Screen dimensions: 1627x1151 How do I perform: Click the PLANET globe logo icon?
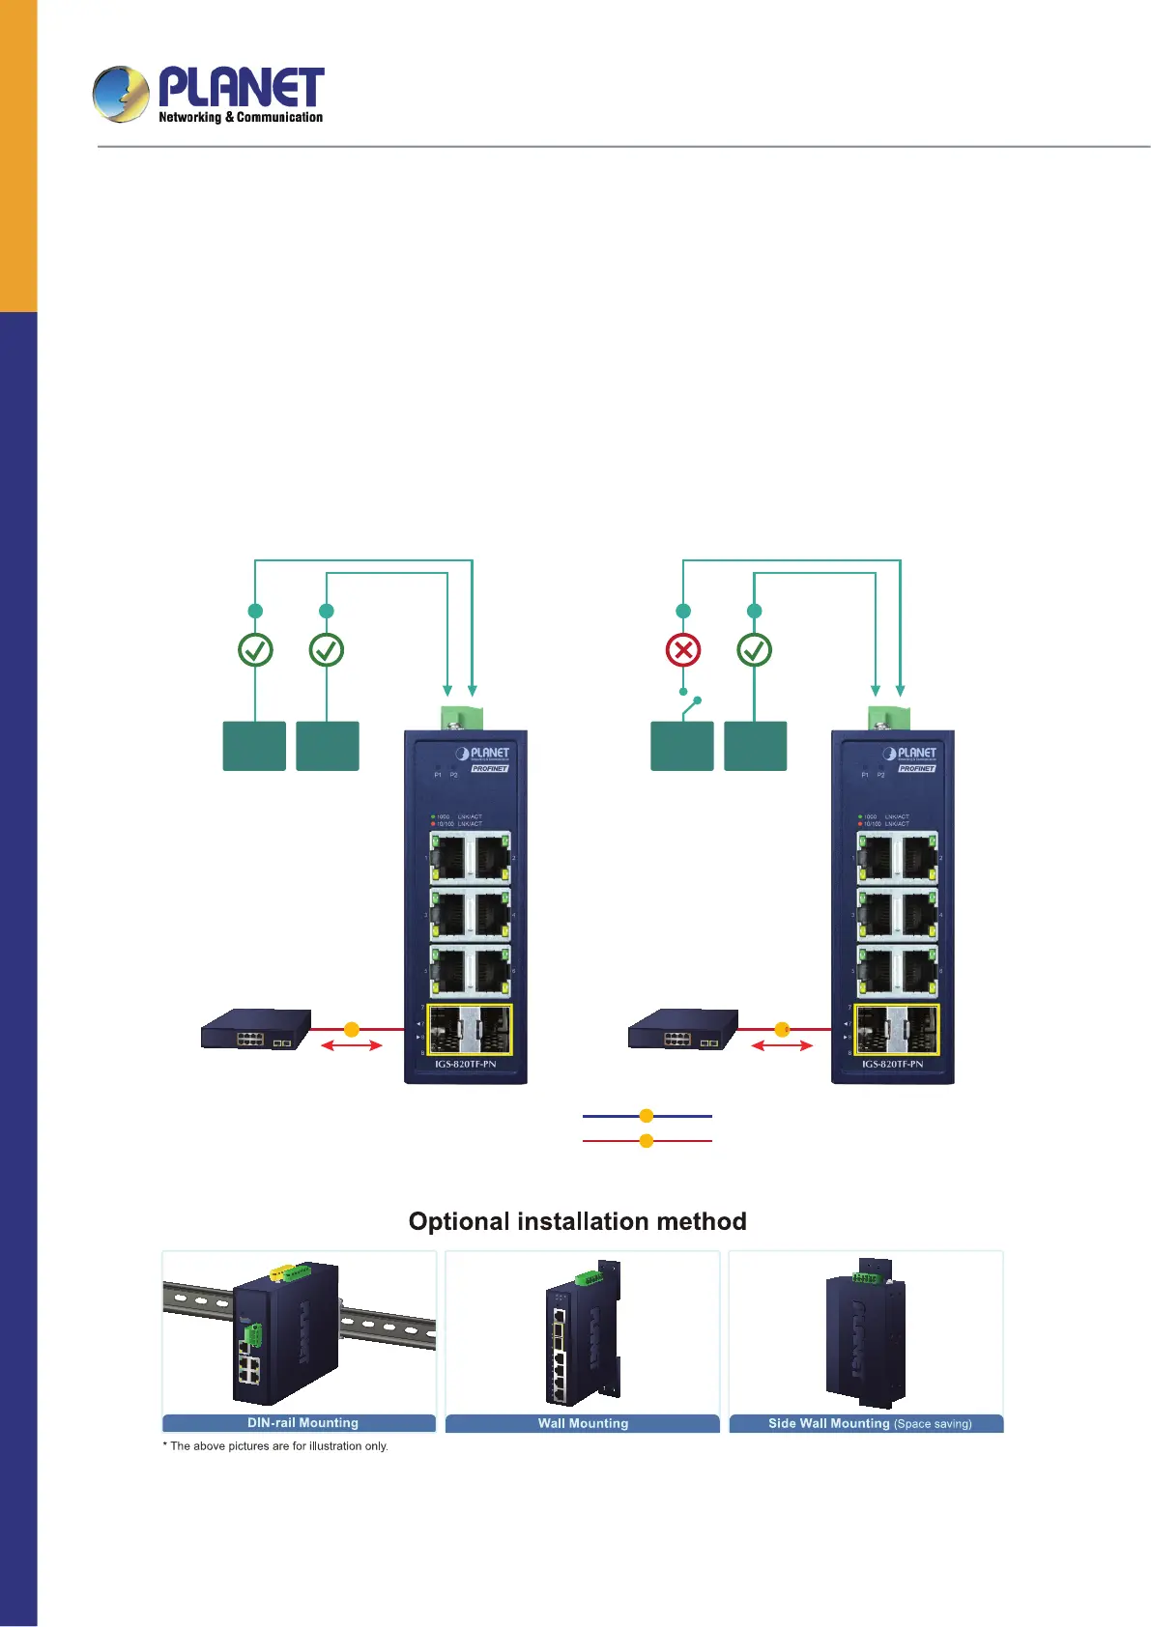point(121,94)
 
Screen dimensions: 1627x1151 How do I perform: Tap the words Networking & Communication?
point(241,118)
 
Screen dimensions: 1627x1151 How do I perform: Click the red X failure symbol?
point(683,650)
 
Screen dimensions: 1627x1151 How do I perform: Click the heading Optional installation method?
point(577,1221)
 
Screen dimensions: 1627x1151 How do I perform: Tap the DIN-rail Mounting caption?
point(302,1423)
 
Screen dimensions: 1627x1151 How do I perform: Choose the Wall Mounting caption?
point(583,1423)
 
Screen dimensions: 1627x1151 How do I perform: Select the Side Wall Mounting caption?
point(869,1423)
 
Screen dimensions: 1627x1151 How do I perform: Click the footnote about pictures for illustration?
point(275,1446)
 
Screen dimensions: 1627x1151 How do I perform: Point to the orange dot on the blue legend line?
point(647,1116)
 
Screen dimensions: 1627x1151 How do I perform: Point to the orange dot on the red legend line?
point(647,1141)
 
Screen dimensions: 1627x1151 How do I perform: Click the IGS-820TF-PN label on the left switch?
point(465,1064)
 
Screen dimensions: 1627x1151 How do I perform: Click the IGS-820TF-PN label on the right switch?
point(892,1064)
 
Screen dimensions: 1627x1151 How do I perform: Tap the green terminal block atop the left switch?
point(462,718)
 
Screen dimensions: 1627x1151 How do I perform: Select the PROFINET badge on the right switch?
point(916,769)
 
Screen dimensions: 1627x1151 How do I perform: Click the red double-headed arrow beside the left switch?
point(351,1045)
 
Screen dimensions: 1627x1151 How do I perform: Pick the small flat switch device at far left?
point(256,1030)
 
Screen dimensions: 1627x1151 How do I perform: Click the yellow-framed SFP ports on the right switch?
point(897,1030)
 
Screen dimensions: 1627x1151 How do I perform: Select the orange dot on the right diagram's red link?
point(782,1030)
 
